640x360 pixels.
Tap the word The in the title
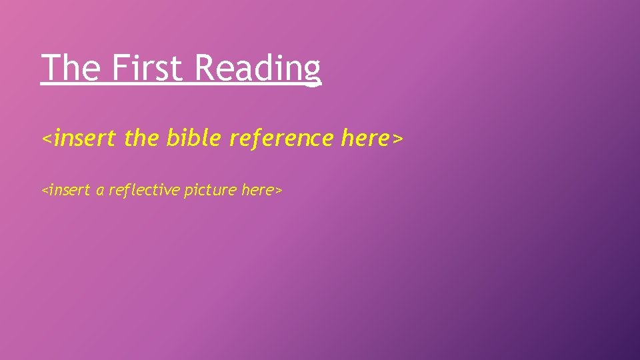(x=71, y=67)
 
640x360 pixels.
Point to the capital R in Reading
(x=205, y=67)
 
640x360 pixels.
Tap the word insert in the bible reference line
(x=85, y=138)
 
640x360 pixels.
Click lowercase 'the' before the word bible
(x=142, y=138)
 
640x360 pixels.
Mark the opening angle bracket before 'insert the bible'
(x=47, y=139)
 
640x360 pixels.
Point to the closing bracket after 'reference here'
(x=398, y=139)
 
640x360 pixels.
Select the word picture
(x=210, y=191)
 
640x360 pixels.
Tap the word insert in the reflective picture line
(x=70, y=190)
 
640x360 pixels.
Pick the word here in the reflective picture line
(x=257, y=190)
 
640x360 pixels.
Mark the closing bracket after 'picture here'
(x=279, y=191)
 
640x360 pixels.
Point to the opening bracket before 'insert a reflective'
(x=45, y=191)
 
